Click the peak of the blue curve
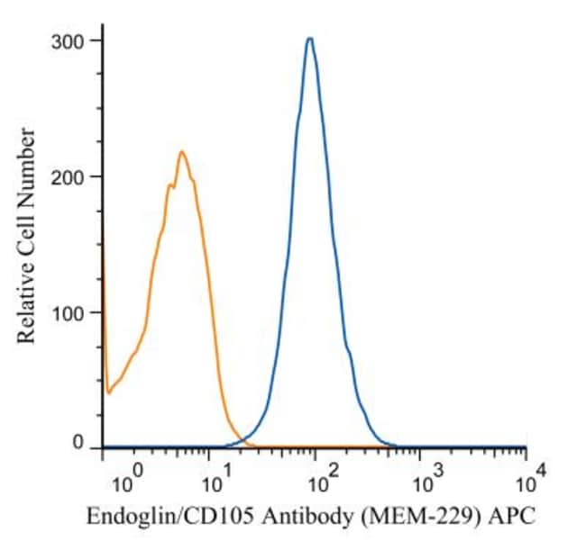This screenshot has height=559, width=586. pos(309,39)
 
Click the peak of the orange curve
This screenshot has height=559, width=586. pos(181,152)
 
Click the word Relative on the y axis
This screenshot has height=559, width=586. pos(28,302)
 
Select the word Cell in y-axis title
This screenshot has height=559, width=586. pos(28,232)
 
